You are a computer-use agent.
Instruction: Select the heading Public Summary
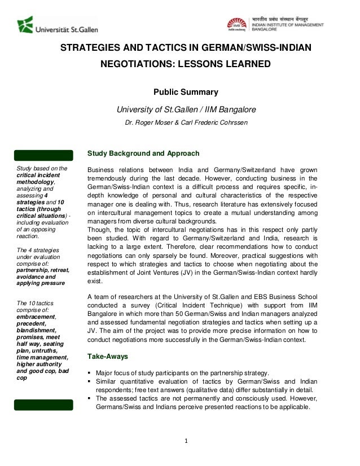click(186, 93)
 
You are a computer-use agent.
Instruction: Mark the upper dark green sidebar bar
click(44, 154)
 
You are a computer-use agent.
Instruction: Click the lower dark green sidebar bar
click(44, 405)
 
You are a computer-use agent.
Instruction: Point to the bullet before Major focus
click(89, 373)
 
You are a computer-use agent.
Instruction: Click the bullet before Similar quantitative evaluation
click(89, 382)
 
